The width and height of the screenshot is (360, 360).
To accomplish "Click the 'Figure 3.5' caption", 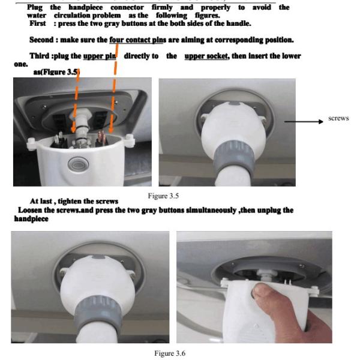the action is (163, 196).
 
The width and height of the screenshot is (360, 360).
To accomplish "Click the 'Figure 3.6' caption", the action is (170, 353).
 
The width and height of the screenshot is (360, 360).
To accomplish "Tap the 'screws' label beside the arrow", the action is (338, 118).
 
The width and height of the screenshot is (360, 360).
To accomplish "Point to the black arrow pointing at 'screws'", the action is (304, 122).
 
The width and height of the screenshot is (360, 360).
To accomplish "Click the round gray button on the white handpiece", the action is (78, 164).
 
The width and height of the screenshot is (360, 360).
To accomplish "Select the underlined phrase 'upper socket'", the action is (206, 56).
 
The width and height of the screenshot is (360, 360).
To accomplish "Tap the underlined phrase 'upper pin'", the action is (100, 56).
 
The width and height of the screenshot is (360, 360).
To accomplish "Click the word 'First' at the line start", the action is (38, 23).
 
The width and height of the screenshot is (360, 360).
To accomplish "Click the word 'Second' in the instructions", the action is (41, 40).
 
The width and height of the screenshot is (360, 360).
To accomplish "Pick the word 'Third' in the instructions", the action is (39, 56).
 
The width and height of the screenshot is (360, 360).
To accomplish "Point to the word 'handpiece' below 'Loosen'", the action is (31, 218).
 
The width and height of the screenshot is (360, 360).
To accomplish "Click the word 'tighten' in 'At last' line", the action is (70, 202).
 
